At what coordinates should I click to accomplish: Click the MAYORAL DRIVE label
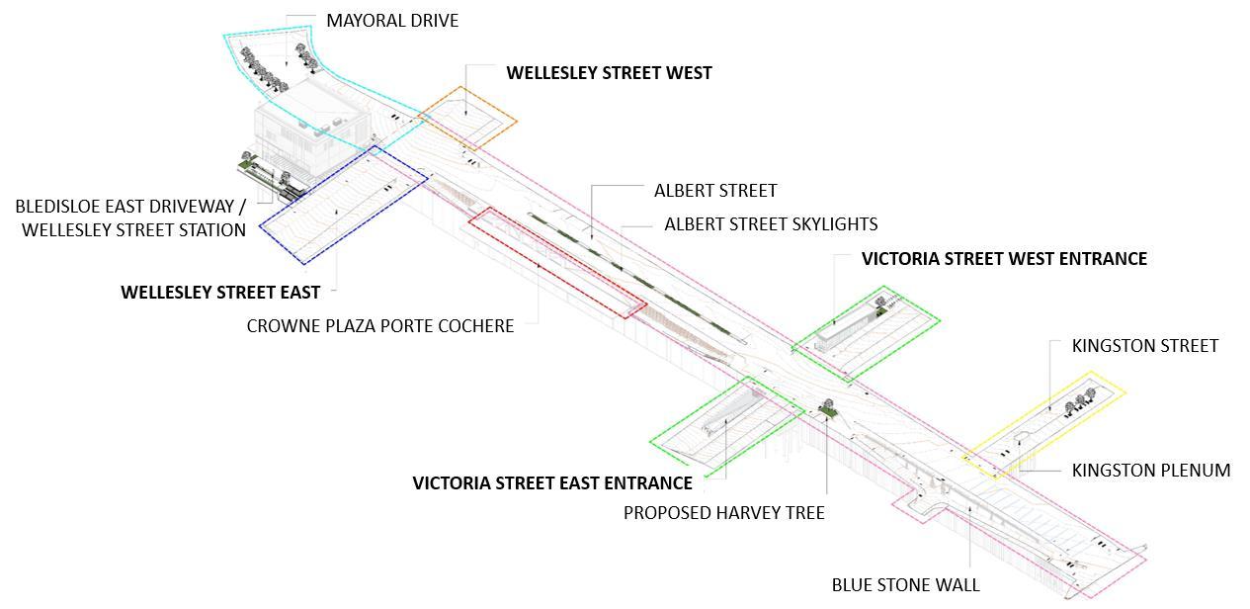point(392,20)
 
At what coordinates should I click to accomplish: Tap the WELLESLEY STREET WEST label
point(609,73)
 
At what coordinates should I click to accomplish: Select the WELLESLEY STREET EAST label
point(220,293)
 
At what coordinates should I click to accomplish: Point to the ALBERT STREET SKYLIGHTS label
point(771,224)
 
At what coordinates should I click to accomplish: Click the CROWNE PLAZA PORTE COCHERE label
point(380,325)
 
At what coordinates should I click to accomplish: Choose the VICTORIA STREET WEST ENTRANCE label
point(1004,259)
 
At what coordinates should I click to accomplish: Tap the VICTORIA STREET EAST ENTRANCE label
point(551,483)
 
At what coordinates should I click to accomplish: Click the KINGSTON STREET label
point(1145,346)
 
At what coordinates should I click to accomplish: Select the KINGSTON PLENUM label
point(1151,471)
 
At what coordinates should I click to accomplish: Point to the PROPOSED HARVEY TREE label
point(723,513)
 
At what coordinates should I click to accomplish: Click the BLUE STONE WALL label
point(905,584)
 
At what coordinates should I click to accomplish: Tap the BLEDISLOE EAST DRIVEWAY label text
point(130,207)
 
